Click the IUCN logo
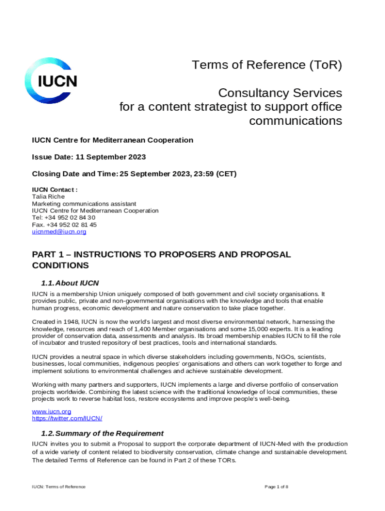(x=51, y=81)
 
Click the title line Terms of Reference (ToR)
(x=267, y=65)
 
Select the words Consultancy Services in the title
(x=280, y=93)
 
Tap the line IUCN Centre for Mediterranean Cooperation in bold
(x=112, y=140)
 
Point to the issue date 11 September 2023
(x=110, y=157)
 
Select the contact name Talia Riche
(x=48, y=197)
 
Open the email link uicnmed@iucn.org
(x=59, y=232)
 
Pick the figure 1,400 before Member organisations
(x=159, y=329)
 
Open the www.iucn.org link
(x=51, y=411)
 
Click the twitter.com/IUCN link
(x=67, y=418)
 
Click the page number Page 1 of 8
(x=276, y=487)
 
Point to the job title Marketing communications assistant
(x=84, y=204)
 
